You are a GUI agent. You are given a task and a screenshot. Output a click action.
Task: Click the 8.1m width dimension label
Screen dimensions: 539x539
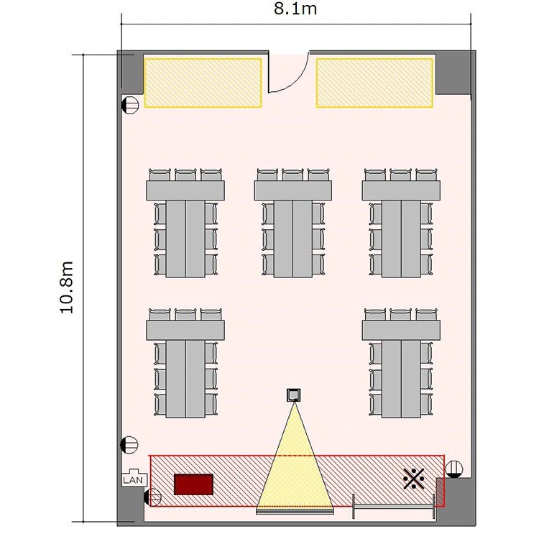pos(295,9)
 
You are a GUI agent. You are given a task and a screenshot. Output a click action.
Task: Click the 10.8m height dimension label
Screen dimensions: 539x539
pos(67,287)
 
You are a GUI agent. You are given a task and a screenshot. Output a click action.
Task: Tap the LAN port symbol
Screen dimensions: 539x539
pos(134,478)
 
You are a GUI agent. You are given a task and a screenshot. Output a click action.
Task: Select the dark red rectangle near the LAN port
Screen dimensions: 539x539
pos(193,484)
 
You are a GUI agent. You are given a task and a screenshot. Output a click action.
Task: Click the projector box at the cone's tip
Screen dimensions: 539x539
pos(293,395)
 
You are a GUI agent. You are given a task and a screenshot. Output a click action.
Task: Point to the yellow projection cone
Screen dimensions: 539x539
pos(295,464)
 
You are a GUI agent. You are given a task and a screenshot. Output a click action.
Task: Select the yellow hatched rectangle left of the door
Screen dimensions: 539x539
pos(203,83)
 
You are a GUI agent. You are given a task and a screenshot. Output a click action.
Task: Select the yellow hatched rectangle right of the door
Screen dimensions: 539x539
pos(374,83)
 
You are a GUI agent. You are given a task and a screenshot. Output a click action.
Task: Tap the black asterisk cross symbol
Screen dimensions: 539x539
pos(413,479)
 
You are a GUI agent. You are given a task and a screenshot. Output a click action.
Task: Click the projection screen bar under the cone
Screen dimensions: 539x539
pos(295,512)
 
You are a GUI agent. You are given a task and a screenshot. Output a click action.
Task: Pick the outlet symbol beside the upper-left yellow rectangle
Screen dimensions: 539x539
pos(130,104)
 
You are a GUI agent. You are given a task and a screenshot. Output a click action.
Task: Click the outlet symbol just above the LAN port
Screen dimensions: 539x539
pos(129,445)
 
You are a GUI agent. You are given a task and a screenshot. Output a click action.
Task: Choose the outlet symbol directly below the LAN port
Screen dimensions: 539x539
pos(152,497)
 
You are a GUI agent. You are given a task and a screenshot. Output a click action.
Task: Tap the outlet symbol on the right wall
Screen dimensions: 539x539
pos(453,469)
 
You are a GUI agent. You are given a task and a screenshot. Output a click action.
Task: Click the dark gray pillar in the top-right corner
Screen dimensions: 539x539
pos(453,73)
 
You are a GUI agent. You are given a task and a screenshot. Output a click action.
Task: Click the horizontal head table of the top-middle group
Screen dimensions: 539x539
pos(293,190)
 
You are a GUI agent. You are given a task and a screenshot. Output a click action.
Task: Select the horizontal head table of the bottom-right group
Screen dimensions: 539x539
pos(401,331)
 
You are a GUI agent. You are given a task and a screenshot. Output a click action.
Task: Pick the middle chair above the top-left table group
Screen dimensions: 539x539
pos(185,175)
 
